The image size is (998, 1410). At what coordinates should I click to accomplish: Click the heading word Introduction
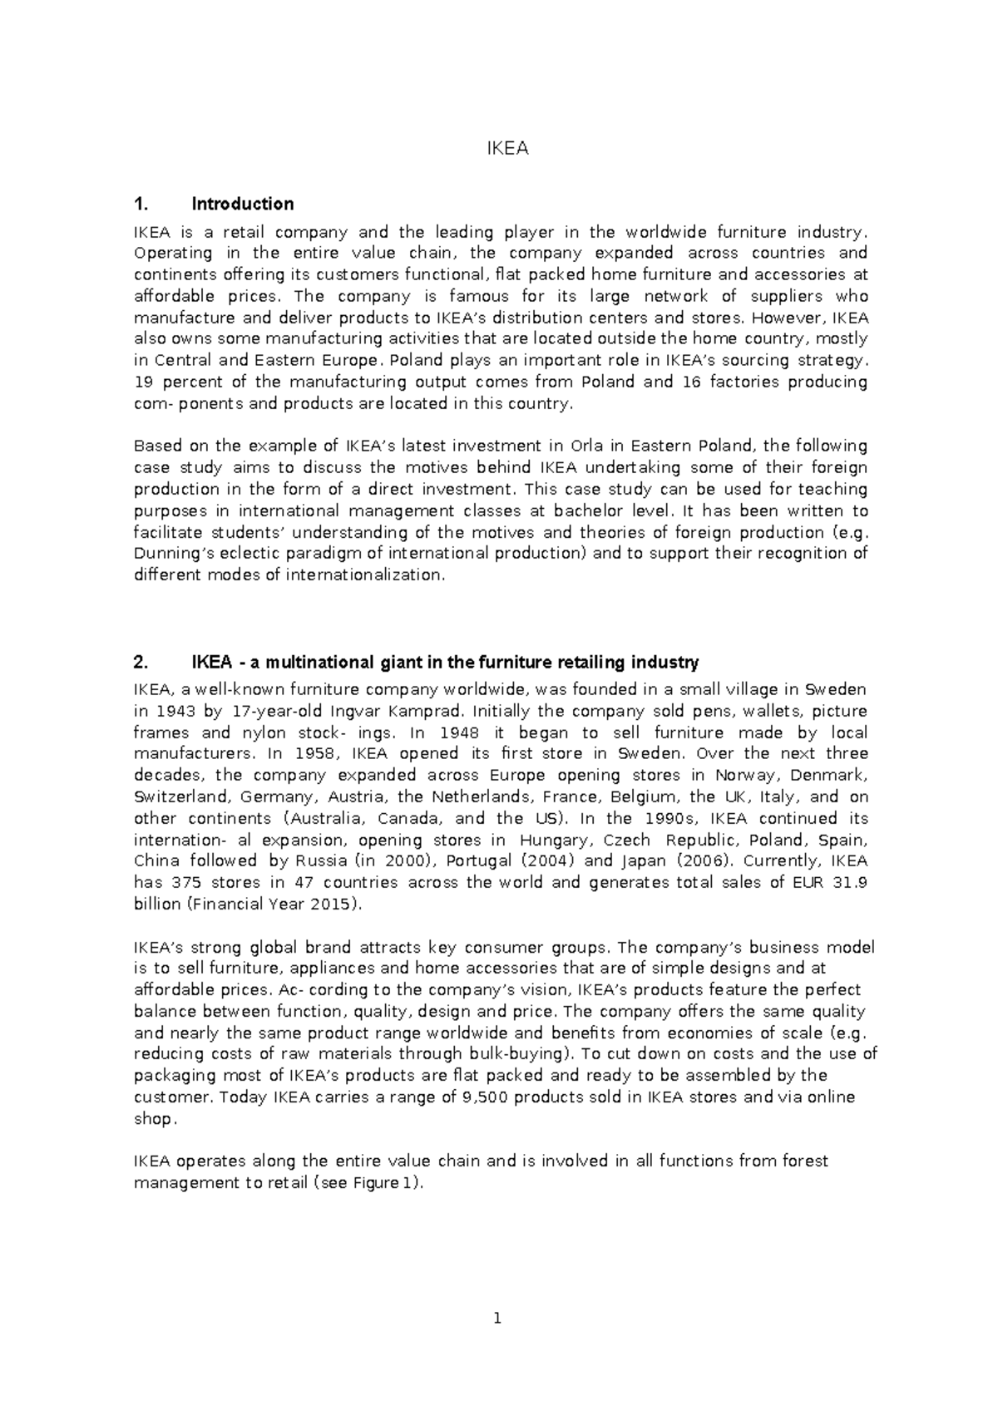tap(242, 205)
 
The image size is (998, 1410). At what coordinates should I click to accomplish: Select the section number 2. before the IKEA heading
tap(141, 663)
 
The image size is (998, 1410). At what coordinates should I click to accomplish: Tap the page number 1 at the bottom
tap(497, 1319)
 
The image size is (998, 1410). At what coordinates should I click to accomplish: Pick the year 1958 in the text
tap(313, 754)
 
